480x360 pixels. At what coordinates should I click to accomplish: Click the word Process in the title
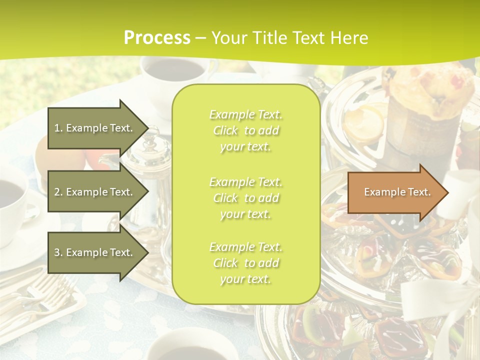(157, 37)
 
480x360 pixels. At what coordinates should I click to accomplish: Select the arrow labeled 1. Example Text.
(95, 128)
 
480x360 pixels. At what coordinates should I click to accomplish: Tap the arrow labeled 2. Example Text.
(95, 192)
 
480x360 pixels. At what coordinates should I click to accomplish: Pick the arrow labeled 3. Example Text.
(95, 252)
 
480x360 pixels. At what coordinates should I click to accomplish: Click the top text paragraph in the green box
(245, 130)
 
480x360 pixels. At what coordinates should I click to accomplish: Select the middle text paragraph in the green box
(245, 198)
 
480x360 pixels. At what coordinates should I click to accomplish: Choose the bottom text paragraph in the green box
(245, 263)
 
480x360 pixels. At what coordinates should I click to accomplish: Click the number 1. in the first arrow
(58, 128)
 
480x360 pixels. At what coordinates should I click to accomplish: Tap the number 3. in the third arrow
(58, 252)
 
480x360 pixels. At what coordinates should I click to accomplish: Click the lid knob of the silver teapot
(152, 133)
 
